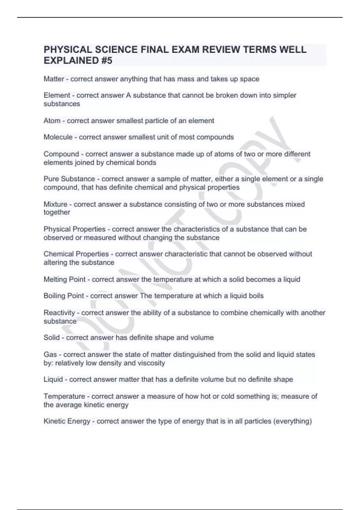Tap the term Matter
pos(54,79)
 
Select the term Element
pos(57,95)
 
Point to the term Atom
pos(52,121)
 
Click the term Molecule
pos(58,137)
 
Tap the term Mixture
pos(55,204)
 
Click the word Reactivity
pos(59,313)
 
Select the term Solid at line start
pos(52,337)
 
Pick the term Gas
pos(50,354)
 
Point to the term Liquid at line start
pos(53,379)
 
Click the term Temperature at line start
pos(64,396)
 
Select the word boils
pos(256,296)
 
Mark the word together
pos(57,212)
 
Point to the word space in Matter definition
pos(250,79)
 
